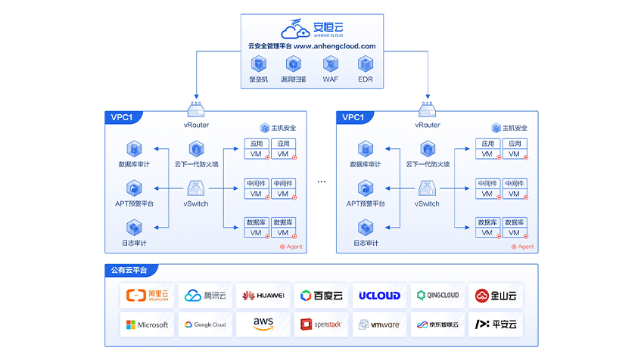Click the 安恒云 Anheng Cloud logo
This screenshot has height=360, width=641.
click(312, 30)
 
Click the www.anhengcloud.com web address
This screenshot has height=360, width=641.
click(335, 46)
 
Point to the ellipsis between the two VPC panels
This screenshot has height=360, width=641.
click(321, 182)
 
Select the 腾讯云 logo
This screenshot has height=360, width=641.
click(205, 296)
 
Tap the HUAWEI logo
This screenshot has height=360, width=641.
click(263, 296)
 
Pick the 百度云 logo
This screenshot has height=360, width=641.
click(321, 296)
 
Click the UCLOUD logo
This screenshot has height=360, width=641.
click(379, 296)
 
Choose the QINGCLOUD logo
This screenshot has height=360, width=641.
click(437, 296)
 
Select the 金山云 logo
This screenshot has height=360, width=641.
click(495, 296)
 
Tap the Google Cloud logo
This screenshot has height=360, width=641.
click(205, 324)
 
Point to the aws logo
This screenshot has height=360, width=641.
click(263, 324)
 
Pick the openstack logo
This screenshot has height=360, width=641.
click(321, 324)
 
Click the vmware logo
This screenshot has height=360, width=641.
click(379, 324)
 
